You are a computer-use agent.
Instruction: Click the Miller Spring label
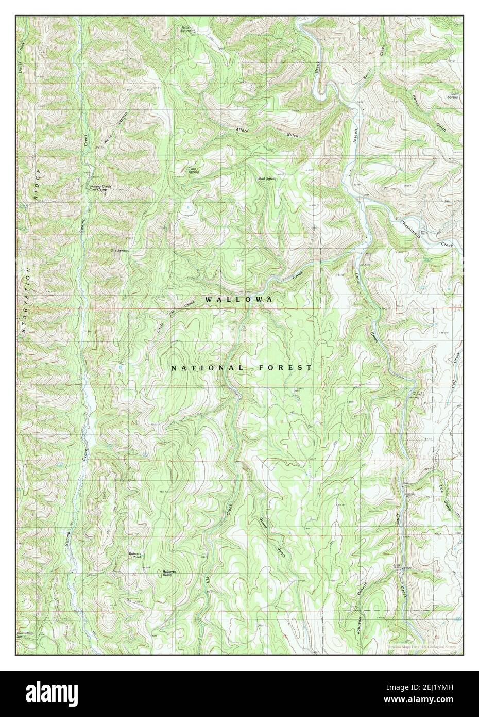(186, 29)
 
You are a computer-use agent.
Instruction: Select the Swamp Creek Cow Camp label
(100, 187)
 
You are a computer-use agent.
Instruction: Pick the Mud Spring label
(267, 178)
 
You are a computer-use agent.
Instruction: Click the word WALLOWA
(238, 299)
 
